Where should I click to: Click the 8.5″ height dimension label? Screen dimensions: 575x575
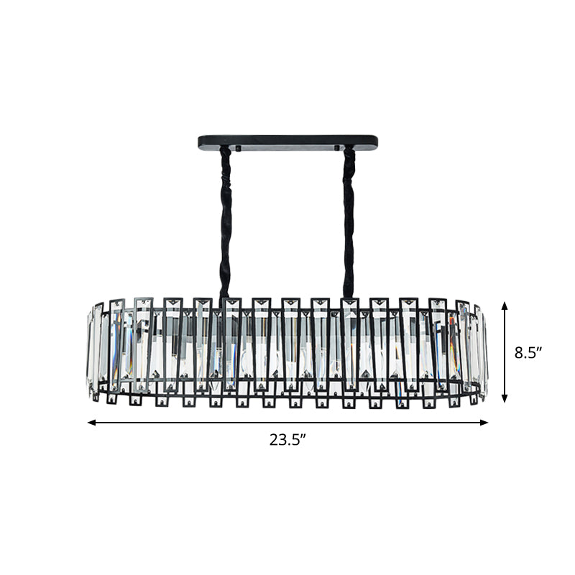(x=528, y=353)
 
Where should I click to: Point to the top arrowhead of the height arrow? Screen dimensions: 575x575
(x=505, y=305)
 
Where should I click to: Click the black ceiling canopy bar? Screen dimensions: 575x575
(x=287, y=141)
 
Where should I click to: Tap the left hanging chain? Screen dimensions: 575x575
(x=225, y=216)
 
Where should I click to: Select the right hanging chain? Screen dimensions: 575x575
(x=349, y=216)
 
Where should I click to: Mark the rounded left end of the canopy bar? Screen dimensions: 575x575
(x=201, y=142)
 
